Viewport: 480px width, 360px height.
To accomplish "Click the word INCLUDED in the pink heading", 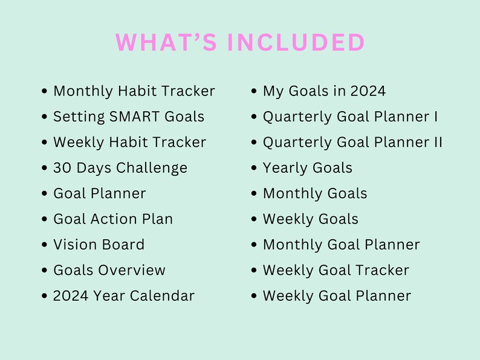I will coord(296,43).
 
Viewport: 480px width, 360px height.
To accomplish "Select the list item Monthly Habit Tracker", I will coord(134,91).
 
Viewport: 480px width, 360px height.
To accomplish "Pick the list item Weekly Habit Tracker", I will coord(129,143).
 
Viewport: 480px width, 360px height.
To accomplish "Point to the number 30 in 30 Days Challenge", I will coord(62,168).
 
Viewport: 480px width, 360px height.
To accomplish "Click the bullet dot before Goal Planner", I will coord(45,194).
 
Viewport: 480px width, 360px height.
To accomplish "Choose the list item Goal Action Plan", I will coord(113,219).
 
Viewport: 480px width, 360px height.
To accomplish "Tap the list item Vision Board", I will coord(99,245).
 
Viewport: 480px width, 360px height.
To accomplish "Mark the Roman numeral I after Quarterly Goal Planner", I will coord(436,117).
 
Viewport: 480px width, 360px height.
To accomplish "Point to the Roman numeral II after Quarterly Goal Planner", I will coord(438,143).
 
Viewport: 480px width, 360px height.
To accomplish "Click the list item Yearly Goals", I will coord(307,168).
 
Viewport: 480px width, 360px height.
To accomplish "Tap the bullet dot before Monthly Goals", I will coord(255,194).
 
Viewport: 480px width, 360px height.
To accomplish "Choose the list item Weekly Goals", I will coord(310,219).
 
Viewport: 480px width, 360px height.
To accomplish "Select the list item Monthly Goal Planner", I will coord(341,245).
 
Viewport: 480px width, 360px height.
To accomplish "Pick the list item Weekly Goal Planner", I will coord(337,296).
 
